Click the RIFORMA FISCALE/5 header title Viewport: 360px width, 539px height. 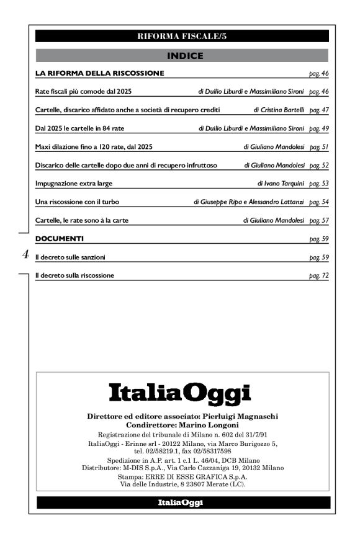[182, 36]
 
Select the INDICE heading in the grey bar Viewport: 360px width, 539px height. [182, 56]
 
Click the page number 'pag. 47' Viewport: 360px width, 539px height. [318, 110]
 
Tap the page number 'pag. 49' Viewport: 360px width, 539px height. [318, 128]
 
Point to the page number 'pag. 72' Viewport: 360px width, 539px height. [318, 275]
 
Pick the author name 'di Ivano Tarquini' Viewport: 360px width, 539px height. [281, 184]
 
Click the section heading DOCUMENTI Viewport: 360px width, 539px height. [59, 238]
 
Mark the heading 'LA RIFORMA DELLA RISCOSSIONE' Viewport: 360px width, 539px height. [99, 73]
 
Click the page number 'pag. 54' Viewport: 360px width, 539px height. [318, 202]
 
